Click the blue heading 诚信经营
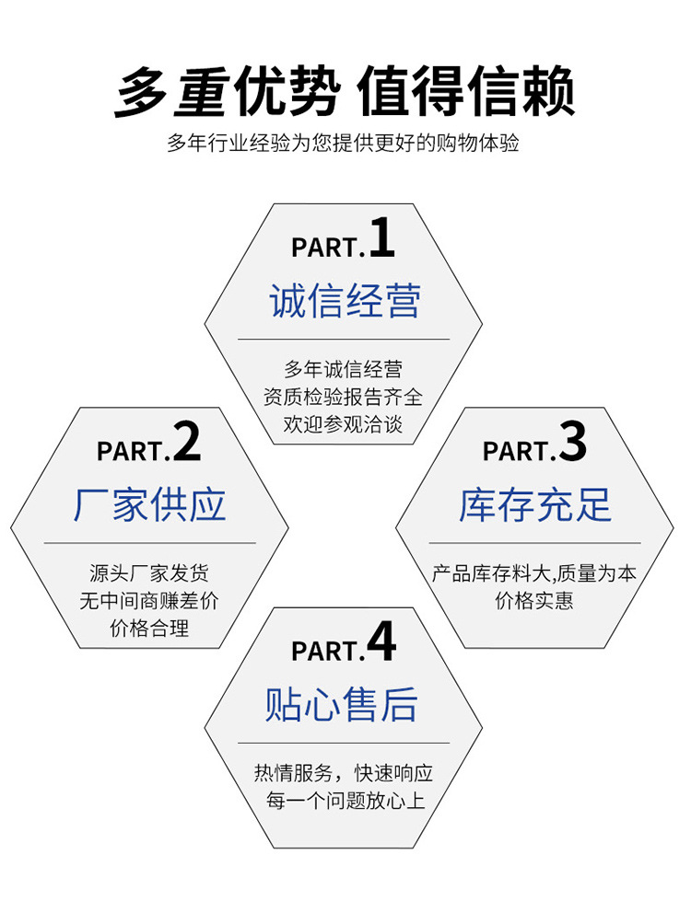345,302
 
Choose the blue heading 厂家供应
149,506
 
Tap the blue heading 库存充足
534,506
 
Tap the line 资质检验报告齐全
344,398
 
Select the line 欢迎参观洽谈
344,424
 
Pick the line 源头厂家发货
149,574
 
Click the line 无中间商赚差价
149,602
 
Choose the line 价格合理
149,630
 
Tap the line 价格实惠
534,602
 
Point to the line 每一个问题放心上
344,801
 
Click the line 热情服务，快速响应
344,773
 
